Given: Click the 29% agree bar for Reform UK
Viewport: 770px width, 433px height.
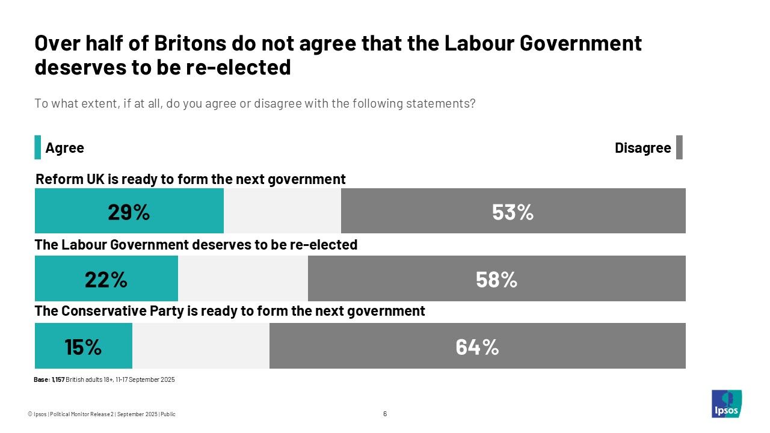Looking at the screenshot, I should [x=129, y=211].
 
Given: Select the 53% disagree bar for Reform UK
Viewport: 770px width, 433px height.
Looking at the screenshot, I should [x=513, y=211].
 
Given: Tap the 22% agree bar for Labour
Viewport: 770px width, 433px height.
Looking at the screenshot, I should [x=106, y=278].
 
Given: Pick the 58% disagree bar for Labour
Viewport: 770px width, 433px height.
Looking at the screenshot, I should [x=496, y=278].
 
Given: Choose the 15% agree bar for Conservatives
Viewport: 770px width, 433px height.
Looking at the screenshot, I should [x=84, y=346].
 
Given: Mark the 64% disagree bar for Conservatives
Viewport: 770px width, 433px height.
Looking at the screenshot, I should [x=477, y=346].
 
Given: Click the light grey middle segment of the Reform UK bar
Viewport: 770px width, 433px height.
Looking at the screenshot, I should [x=282, y=211].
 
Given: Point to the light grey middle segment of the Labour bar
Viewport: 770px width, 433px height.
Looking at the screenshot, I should [x=243, y=278].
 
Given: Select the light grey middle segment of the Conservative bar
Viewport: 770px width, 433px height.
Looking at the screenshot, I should [x=201, y=346].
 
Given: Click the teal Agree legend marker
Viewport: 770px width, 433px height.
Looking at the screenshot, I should [x=38, y=147].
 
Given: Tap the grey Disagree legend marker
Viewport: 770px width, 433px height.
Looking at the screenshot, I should [x=679, y=147].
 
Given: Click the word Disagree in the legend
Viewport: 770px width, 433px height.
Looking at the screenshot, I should [x=642, y=148].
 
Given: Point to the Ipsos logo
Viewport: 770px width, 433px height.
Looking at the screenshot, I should [x=726, y=404].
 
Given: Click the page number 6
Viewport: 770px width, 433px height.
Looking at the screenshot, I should [x=385, y=414].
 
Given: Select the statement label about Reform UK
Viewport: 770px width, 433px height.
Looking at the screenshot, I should [x=191, y=179].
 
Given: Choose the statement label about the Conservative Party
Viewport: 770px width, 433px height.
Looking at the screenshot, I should [x=230, y=311].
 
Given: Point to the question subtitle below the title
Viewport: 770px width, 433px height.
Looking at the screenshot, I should [x=255, y=103].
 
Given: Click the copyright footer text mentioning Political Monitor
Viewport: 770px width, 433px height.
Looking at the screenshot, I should [x=102, y=414].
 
